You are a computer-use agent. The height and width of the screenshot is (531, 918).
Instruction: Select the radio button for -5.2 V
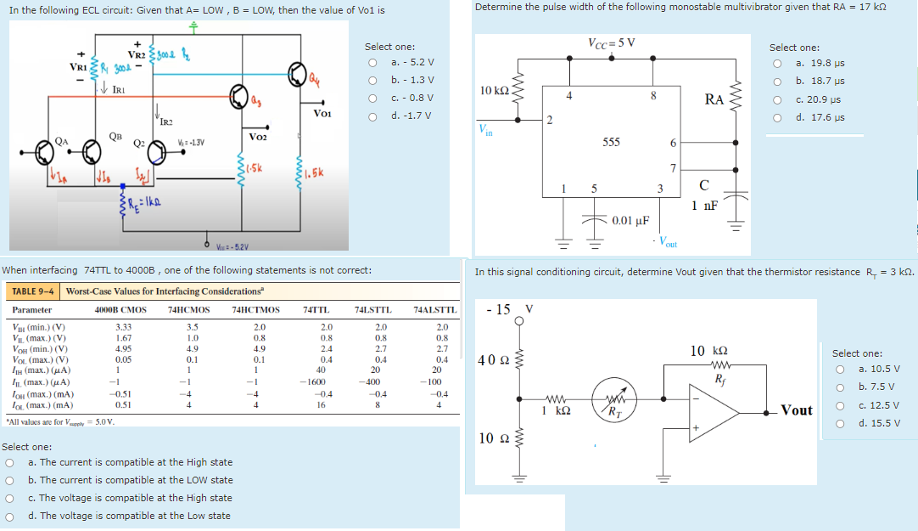coord(372,63)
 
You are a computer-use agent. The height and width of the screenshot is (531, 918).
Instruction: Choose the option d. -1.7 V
coord(372,116)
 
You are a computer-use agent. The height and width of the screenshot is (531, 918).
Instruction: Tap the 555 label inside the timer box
coord(611,142)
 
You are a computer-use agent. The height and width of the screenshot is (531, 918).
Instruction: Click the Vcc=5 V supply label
coord(611,42)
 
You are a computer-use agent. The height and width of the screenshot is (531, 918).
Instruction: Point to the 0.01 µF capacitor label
coord(630,221)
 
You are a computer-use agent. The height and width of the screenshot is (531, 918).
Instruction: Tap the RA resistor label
coord(714,99)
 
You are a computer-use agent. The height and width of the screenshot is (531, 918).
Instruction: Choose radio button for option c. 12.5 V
coord(840,405)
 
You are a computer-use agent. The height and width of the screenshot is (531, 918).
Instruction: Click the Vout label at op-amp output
coord(797,410)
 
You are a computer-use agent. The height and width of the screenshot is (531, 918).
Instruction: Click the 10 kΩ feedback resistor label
coord(708,350)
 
